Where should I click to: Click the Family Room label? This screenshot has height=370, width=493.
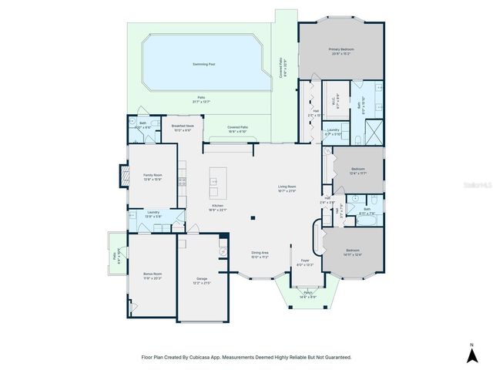coord(153,175)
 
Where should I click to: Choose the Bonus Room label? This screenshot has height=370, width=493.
coord(153,274)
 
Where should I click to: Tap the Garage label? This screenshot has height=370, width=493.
coord(202,278)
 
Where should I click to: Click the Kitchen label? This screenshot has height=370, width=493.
coord(218,206)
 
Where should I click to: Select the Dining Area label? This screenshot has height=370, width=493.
coord(260,253)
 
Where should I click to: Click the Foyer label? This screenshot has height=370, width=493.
coord(305,261)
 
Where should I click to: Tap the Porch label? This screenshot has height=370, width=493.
coord(308,293)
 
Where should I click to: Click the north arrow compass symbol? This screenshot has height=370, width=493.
coord(471,354)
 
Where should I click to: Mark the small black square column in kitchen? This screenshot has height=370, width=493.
coord(253,218)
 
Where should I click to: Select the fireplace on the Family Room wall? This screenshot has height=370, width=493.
coord(123,177)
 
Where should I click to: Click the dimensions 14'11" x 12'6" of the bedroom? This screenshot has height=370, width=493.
coord(353,254)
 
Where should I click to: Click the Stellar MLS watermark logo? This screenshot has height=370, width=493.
coord(478,185)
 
